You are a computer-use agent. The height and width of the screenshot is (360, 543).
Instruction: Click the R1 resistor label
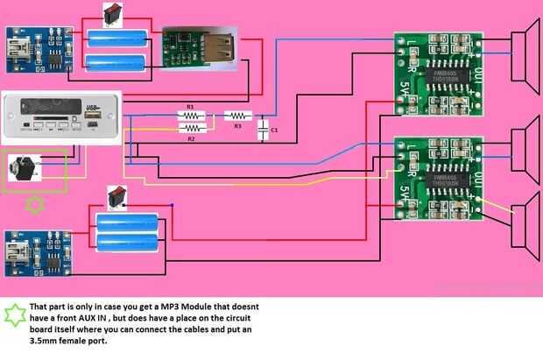[187, 108]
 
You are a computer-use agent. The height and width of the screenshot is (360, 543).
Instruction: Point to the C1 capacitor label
[274, 131]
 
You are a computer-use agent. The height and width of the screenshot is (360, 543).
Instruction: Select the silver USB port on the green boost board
[219, 43]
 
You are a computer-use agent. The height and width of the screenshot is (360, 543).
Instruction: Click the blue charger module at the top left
[38, 52]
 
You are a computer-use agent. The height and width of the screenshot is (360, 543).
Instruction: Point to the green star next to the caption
[14, 313]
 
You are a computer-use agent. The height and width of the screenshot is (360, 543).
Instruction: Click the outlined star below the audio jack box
[35, 205]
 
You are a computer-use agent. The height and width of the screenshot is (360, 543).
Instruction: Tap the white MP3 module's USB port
[94, 111]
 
